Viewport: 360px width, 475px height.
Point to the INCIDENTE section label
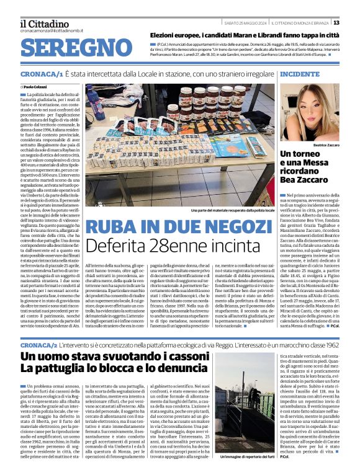click(300, 74)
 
